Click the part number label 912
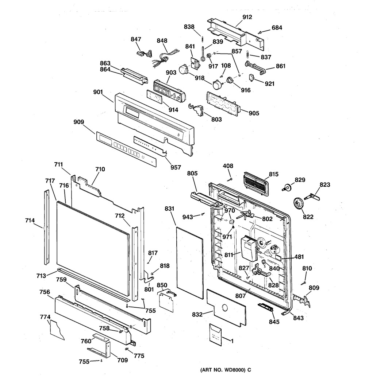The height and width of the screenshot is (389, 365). coord(247,17)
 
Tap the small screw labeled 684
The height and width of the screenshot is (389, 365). coord(260,32)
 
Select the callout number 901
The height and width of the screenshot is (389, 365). coord(98,92)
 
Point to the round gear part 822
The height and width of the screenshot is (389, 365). coord(298,203)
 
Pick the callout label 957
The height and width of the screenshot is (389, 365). coord(176,167)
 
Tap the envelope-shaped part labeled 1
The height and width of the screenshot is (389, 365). coord(215,334)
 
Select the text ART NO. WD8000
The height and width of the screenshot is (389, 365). coord(223,370)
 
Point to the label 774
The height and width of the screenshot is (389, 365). coord(45,317)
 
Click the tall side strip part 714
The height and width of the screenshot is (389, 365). coord(46,227)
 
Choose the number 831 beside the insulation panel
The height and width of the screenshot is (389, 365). coord(169,209)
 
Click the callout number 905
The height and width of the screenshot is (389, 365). coord(254,113)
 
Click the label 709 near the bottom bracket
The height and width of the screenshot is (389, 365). coord(122,360)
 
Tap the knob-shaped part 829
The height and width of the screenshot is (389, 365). coord(287,188)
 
